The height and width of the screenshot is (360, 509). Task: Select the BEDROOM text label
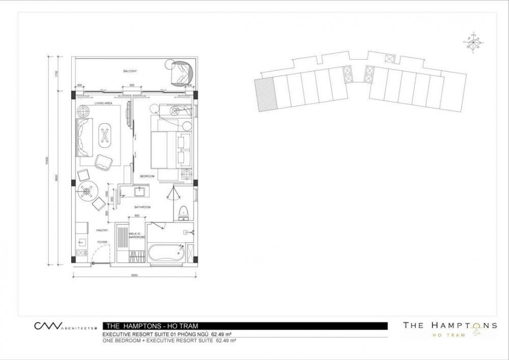pyautogui.click(x=147, y=176)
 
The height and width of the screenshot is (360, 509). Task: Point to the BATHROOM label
pyautogui.click(x=143, y=207)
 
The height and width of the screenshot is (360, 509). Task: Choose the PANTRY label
pyautogui.click(x=102, y=230)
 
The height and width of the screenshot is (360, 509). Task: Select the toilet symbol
pyautogui.click(x=184, y=211)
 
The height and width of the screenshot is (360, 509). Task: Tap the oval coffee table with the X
pyautogui.click(x=105, y=134)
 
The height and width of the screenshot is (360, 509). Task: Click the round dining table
pyautogui.click(x=89, y=191)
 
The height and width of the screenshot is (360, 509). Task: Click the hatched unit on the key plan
pyautogui.click(x=264, y=94)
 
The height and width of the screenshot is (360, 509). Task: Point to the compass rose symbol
pyautogui.click(x=473, y=42)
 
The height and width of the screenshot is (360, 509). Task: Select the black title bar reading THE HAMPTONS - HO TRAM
pyautogui.click(x=244, y=325)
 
